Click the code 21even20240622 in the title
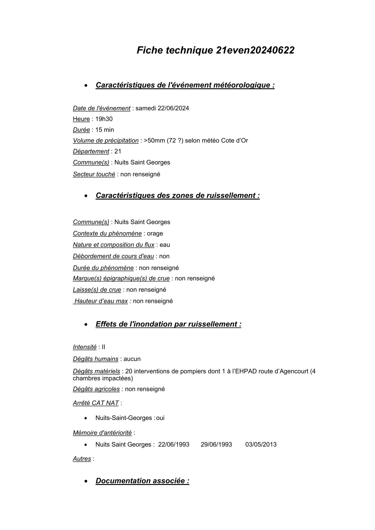pos(255,50)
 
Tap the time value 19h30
pos(104,119)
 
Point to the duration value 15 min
pos(105,130)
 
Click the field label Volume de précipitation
pos(106,141)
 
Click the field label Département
pos(91,151)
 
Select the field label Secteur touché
pos(94,174)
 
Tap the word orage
pos(155,234)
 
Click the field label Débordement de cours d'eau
pos(113,256)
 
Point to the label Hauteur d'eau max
pos(101,301)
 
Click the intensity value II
pos(103,347)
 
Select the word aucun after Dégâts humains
pos(132,359)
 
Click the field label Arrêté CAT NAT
pos(96,403)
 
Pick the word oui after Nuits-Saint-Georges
pos(160,418)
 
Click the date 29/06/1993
pos(216,445)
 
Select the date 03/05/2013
pos(261,445)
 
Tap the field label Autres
pos(82,459)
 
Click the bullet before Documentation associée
pos(87,481)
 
